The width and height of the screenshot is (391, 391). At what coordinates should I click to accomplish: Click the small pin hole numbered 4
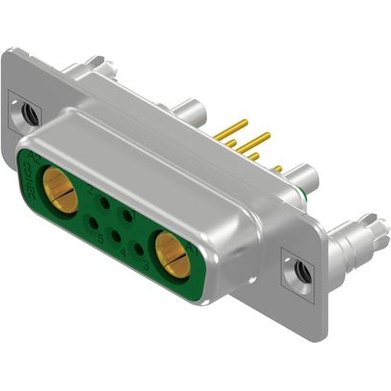click(116, 235)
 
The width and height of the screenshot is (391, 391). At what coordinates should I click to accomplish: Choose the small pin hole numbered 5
click(94, 222)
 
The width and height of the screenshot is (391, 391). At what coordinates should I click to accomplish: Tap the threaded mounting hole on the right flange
click(303, 272)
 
